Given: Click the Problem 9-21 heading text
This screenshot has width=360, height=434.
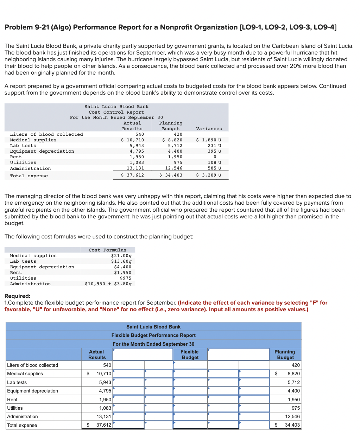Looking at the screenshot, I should pos(170,27).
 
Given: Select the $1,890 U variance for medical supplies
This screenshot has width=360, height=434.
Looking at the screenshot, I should pos(209,140).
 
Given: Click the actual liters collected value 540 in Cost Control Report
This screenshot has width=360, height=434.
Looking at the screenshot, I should pos(139,134).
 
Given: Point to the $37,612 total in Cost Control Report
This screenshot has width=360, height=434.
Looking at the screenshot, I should pos(133,175).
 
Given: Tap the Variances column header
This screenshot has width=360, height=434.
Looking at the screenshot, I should pos(209,129).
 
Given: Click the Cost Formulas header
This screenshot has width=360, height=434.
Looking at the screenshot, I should pos(107,250).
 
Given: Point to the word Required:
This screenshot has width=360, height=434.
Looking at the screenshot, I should pos(17,296).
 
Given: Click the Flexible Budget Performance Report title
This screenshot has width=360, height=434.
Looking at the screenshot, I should pos(153,335).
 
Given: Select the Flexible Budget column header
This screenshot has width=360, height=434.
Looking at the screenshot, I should pos(190,355).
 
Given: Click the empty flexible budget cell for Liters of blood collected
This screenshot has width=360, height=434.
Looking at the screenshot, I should pos(190,365).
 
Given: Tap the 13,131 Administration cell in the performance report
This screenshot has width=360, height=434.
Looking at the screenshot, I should pos(104,416).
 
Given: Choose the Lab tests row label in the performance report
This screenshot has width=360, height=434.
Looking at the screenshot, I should pos(17,382).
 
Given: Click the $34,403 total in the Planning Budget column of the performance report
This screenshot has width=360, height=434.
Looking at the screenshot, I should pos(292,425).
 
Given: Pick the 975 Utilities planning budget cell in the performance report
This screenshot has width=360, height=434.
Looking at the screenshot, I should pos(296,408).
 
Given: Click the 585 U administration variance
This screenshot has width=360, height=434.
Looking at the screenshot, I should pos(214,168).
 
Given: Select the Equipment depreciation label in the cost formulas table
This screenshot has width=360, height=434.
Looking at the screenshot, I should pos(42,267).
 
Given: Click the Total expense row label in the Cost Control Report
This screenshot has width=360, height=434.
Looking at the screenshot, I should pos(29,176).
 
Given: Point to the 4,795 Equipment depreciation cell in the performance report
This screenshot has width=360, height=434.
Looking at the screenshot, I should pos(105,391).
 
